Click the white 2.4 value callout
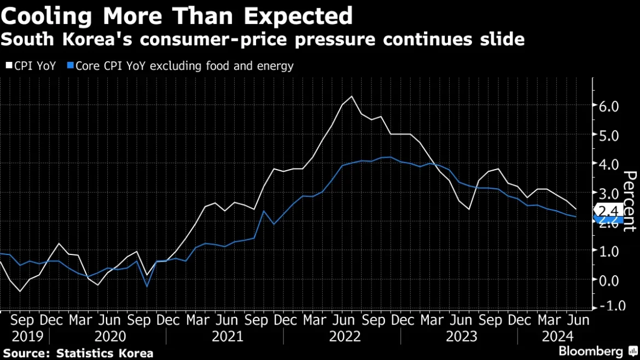pyautogui.click(x=607, y=211)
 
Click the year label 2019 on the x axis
pyautogui.click(x=22, y=336)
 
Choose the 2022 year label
pyautogui.click(x=345, y=336)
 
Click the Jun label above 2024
pyautogui.click(x=579, y=319)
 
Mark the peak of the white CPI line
pyautogui.click(x=351, y=96)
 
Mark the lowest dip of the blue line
pyautogui.click(x=147, y=286)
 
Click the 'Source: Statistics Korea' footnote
pyautogui.click(x=78, y=353)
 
